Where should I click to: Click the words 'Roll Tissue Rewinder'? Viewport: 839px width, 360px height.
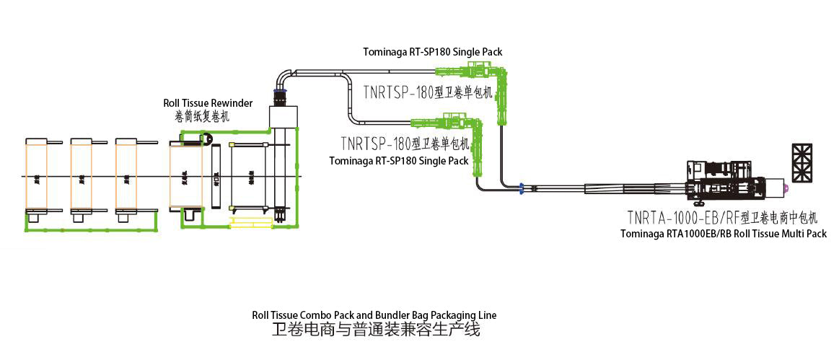point(208,103)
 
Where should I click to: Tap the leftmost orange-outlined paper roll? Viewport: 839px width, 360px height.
point(35,176)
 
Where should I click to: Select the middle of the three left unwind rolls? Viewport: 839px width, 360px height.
point(81,176)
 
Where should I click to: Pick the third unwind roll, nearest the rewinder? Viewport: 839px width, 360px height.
point(126,176)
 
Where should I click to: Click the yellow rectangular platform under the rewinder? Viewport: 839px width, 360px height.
point(249,221)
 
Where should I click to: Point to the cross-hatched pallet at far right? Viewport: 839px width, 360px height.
point(801,162)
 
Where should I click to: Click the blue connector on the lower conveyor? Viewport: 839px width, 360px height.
point(521,189)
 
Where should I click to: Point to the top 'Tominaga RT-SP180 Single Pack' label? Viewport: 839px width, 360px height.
point(432,52)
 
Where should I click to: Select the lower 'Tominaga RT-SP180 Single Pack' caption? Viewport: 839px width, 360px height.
point(398,161)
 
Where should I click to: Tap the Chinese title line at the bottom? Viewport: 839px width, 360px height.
point(375,330)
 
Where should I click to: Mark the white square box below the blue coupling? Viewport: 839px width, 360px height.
point(282,115)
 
